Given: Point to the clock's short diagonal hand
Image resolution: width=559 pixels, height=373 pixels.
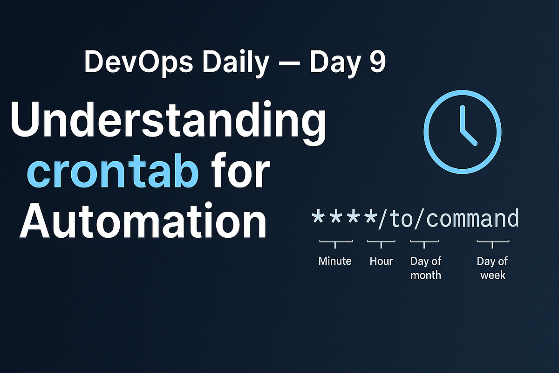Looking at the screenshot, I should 469,136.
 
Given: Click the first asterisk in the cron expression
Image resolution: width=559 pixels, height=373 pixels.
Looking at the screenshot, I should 319,218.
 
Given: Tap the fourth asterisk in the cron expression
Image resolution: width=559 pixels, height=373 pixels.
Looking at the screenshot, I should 371,218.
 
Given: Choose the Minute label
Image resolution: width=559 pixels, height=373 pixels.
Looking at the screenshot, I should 334,261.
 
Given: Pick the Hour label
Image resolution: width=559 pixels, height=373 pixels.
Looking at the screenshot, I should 381,261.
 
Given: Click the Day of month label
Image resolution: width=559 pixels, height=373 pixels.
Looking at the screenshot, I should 425,268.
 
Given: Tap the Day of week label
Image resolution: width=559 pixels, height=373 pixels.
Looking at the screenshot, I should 492,268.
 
